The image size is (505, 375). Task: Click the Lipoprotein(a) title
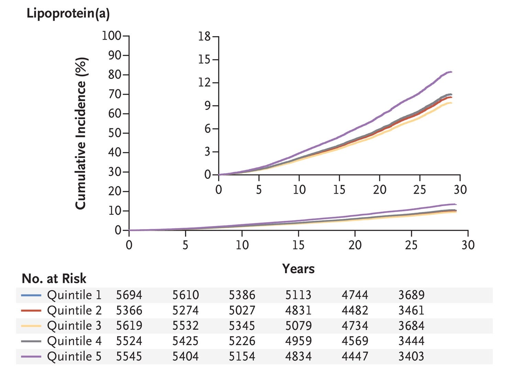[x=68, y=14]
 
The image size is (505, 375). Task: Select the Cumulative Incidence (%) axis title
[x=81, y=133]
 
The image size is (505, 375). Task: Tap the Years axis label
[x=298, y=269]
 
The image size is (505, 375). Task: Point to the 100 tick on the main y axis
[x=111, y=36]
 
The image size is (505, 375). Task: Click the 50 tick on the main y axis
[x=115, y=133]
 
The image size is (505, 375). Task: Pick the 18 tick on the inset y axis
[x=205, y=36]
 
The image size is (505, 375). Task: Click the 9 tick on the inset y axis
[x=208, y=106]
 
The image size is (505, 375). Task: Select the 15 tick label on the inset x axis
[x=339, y=190]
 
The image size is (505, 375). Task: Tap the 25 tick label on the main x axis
[x=411, y=245]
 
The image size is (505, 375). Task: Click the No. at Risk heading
[x=54, y=279]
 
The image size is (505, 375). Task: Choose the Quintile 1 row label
[x=74, y=295]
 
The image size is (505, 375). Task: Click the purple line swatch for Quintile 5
[x=31, y=356]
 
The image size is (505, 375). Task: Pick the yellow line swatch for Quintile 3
[x=31, y=326]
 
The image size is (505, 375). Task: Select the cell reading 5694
[x=129, y=295]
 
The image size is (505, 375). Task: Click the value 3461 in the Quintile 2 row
[x=411, y=310]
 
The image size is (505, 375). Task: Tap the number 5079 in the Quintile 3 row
[x=298, y=326]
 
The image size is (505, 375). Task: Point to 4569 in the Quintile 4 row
[x=355, y=341]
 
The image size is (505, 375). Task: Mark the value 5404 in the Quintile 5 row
[x=185, y=356]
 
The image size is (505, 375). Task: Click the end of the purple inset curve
[x=452, y=72]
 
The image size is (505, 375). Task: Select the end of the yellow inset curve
[x=452, y=103]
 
